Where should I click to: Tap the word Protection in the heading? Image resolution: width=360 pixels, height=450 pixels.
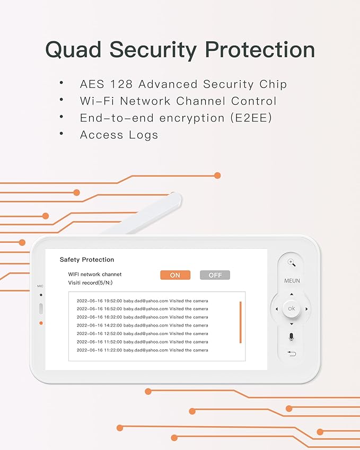(260, 49)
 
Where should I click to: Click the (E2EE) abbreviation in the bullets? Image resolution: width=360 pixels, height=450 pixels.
(251, 118)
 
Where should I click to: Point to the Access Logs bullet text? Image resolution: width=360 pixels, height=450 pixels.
(119, 135)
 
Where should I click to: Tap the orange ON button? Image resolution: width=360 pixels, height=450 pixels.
(175, 275)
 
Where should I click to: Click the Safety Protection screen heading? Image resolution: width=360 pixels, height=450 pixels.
(86, 260)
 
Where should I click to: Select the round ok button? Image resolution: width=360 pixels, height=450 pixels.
(291, 308)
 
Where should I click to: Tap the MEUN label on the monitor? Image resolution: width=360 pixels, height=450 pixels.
(292, 281)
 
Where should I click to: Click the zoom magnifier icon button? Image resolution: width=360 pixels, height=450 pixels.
(291, 262)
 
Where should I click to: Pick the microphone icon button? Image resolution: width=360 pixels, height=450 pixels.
(291, 337)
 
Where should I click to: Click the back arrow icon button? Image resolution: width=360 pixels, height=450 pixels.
(291, 354)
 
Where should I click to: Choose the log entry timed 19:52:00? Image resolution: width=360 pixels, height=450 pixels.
(142, 301)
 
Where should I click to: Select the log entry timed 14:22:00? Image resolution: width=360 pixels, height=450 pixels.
(142, 325)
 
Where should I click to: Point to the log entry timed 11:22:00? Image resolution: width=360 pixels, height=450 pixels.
(142, 350)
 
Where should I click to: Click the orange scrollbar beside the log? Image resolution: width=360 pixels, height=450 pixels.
(241, 322)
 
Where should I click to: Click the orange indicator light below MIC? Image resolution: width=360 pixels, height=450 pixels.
(41, 323)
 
